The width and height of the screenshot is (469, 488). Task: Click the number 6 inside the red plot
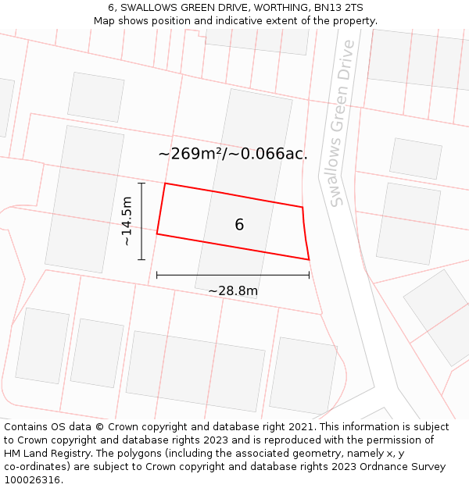pos(239,225)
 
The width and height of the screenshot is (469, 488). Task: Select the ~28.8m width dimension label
pos(233,291)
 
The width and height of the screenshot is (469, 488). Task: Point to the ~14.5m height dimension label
pos(127,221)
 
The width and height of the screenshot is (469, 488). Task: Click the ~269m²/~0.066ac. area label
pos(233,154)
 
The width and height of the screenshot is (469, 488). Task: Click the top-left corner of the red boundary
pos(165,183)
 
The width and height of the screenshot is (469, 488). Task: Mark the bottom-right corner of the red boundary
pos(309,259)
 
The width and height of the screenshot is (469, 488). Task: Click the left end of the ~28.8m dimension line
pos(157,275)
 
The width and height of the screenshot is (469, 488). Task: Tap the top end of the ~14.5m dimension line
pos(141,183)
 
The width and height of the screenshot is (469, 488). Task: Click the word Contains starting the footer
pos(27,427)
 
